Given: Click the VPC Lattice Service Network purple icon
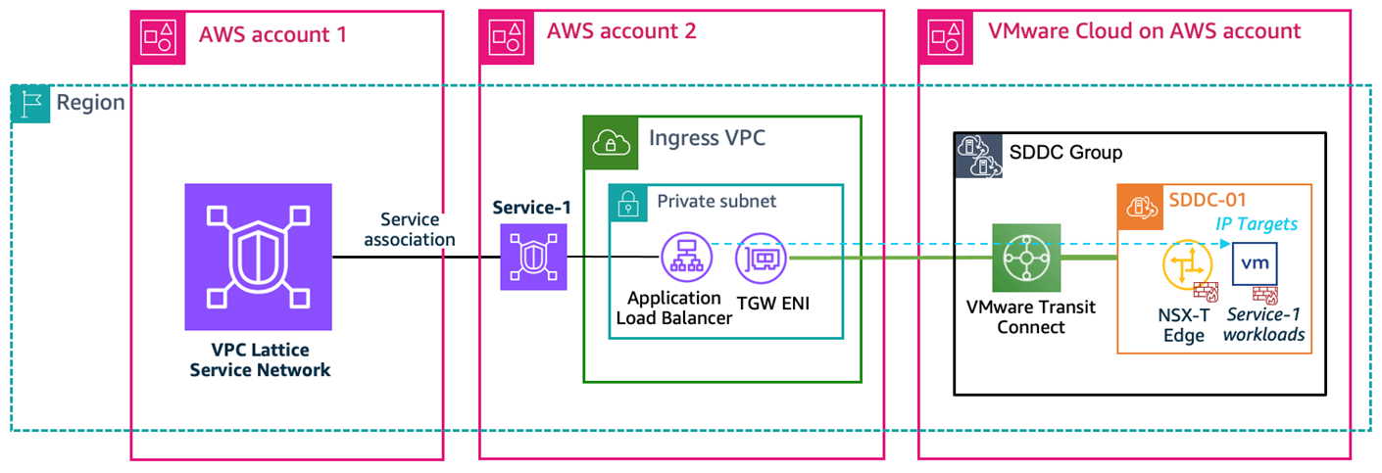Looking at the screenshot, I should click(258, 257).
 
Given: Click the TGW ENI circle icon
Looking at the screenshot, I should click(762, 257).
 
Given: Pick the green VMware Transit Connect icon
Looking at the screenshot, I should click(1026, 258).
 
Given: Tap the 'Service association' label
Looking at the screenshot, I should click(418, 230).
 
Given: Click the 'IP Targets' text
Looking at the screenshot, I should click(1258, 224).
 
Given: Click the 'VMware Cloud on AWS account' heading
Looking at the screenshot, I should click(1144, 32).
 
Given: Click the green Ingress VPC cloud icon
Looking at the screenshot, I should click(605, 137).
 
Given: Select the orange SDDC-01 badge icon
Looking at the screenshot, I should click(1137, 206).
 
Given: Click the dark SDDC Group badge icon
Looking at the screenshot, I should click(974, 153).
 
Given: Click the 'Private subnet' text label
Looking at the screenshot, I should click(716, 201).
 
